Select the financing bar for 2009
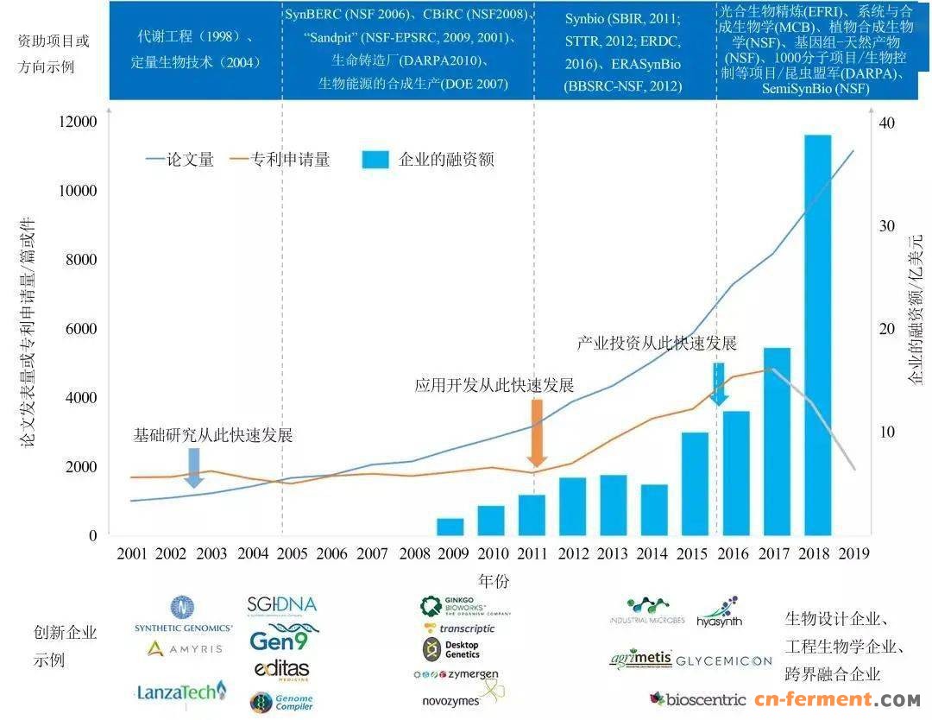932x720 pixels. coord(450,526)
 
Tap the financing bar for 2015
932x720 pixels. coord(695,483)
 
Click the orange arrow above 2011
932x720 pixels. coord(537,433)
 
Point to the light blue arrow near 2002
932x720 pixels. coord(194,467)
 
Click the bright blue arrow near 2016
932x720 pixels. coord(720,383)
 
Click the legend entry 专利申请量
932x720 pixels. coord(280,159)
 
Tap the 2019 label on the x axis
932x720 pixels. coord(853,553)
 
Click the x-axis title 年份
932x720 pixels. coord(493,578)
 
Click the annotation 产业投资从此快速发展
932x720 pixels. coord(657,343)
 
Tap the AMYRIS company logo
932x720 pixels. coord(184,647)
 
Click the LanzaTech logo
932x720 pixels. coord(181,691)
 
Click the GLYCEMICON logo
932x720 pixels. coord(724,660)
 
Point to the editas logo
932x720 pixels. coord(281,670)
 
